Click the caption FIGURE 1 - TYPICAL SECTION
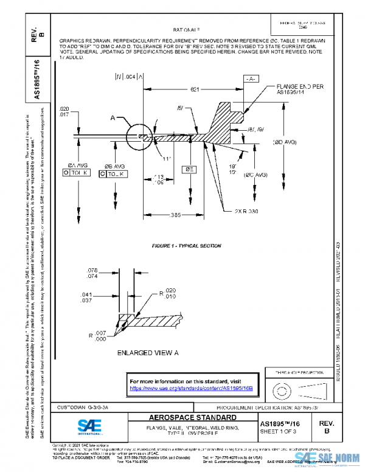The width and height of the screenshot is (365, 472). [186, 246]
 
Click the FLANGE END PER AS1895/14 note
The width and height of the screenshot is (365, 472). [300, 89]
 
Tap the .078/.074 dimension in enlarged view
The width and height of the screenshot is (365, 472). [92, 273]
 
